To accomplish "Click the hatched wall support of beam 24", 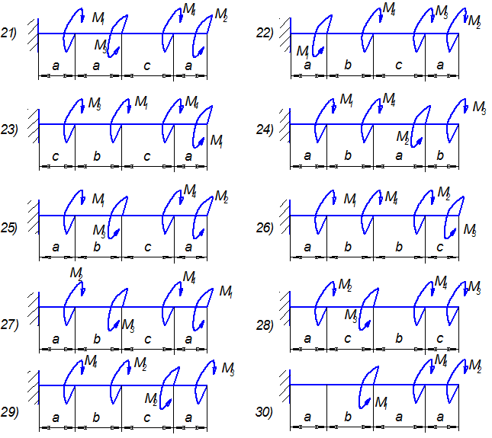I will point(284,123).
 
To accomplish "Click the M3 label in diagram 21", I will point(101,46).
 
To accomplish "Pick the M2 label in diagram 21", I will point(221,14).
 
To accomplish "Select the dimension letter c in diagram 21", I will point(147,66).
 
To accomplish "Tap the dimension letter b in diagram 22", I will point(348,66).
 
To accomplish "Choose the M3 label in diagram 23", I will point(95,102).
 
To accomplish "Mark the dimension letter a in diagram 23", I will point(189,156).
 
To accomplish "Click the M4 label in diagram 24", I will point(388,99).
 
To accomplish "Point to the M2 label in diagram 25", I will point(221,197).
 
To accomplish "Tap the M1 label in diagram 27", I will point(226,290).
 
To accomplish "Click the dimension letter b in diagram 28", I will point(399,338).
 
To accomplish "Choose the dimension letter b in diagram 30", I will point(348,417).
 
